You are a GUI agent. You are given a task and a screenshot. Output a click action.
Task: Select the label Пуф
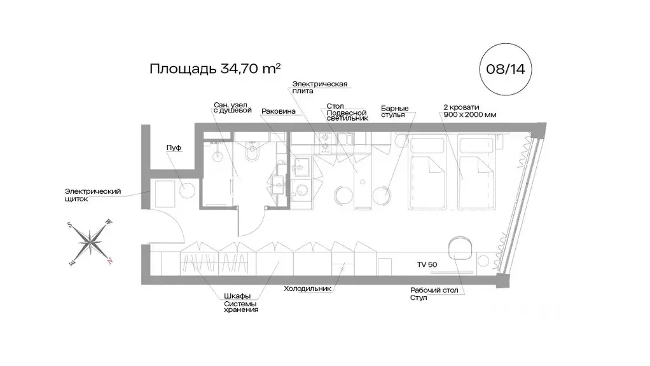point(174,147)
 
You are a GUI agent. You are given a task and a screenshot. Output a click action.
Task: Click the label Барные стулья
point(395,112)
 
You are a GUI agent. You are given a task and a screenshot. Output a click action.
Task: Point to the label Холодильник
point(307,288)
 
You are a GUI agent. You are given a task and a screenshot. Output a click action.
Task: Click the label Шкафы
point(237,295)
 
